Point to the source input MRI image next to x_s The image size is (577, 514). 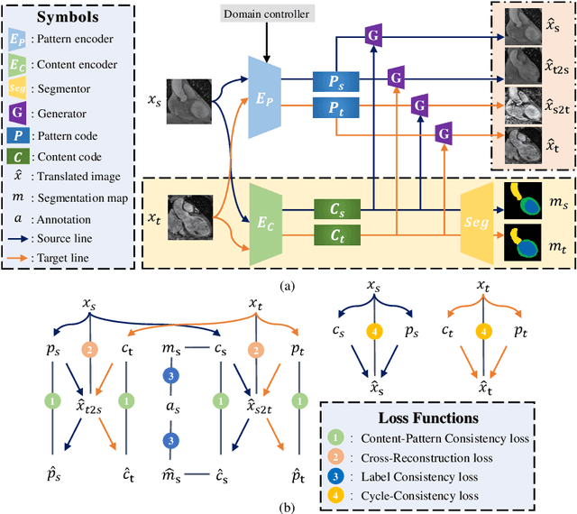click(189, 101)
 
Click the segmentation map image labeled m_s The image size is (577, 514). click(528, 200)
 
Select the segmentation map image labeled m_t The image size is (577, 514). click(528, 243)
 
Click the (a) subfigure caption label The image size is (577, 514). click(287, 286)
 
